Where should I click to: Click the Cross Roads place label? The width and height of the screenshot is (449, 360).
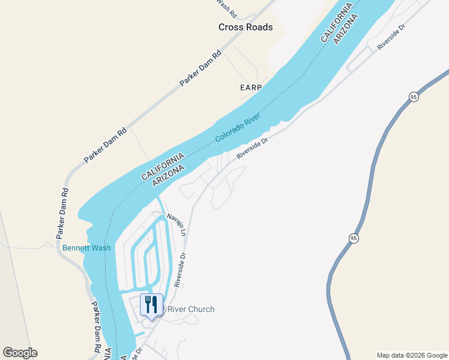pyautogui.click(x=246, y=27)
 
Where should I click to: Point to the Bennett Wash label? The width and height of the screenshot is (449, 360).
pyautogui.click(x=86, y=248)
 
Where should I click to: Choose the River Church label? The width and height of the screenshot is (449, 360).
pyautogui.click(x=190, y=309)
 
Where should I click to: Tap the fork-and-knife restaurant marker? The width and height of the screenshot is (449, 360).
pyautogui.click(x=151, y=305)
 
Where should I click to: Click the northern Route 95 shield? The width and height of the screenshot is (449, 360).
pyautogui.click(x=414, y=97)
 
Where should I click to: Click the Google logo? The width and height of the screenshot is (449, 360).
pyautogui.click(x=20, y=352)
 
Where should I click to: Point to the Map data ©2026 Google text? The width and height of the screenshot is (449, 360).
pyautogui.click(x=412, y=355)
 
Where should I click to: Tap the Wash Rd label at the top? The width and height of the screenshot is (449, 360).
pyautogui.click(x=226, y=8)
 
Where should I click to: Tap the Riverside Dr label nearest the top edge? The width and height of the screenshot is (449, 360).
pyautogui.click(x=391, y=37)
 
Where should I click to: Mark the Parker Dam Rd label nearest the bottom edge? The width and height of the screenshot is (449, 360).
pyautogui.click(x=96, y=325)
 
